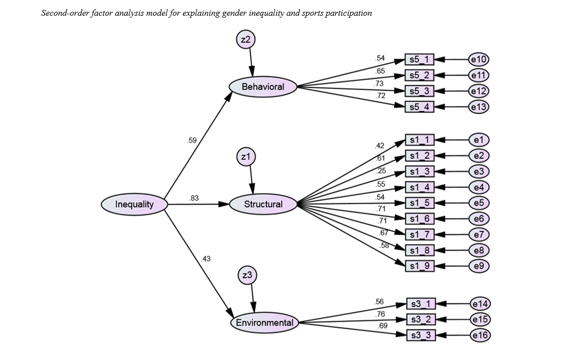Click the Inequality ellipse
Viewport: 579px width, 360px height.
pyautogui.click(x=134, y=204)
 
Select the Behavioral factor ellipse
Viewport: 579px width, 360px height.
pyautogui.click(x=263, y=87)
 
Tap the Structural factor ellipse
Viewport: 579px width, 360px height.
pyautogui.click(x=263, y=204)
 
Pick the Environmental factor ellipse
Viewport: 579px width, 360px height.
pyautogui.click(x=264, y=323)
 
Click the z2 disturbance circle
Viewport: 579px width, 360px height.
pyautogui.click(x=246, y=40)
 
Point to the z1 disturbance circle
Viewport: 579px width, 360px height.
pyautogui.click(x=246, y=157)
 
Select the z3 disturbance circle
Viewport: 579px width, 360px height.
pyautogui.click(x=247, y=275)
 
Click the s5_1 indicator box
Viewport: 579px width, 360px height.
pyautogui.click(x=419, y=60)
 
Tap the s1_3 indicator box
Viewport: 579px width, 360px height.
pyautogui.click(x=419, y=172)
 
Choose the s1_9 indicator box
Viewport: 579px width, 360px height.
pyautogui.click(x=419, y=266)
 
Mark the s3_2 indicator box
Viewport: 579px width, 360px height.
pyautogui.click(x=421, y=320)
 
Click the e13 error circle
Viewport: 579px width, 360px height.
pyautogui.click(x=479, y=107)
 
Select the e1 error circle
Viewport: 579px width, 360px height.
pyautogui.click(x=479, y=140)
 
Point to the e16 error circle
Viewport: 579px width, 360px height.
pyautogui.click(x=480, y=335)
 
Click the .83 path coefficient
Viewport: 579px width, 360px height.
pyautogui.click(x=194, y=198)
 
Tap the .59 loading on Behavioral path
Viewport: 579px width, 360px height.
pyautogui.click(x=192, y=141)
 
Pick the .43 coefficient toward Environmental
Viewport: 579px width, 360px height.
pyautogui.click(x=206, y=259)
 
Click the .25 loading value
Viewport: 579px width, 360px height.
pyautogui.click(x=381, y=171)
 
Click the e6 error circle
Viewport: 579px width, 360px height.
pyautogui.click(x=479, y=219)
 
